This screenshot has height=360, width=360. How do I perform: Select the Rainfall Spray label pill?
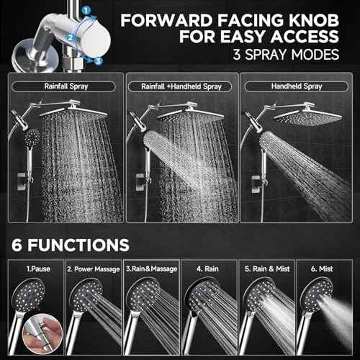(62, 87)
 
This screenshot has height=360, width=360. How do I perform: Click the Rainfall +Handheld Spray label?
(179, 87)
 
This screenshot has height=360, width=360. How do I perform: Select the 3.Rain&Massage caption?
(150, 269)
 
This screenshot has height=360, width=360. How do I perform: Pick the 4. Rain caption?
(210, 269)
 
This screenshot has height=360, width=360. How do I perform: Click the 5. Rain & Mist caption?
(268, 269)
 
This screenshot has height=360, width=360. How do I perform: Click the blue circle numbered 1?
(87, 11)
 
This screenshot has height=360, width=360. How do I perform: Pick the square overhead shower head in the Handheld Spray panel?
(300, 116)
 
